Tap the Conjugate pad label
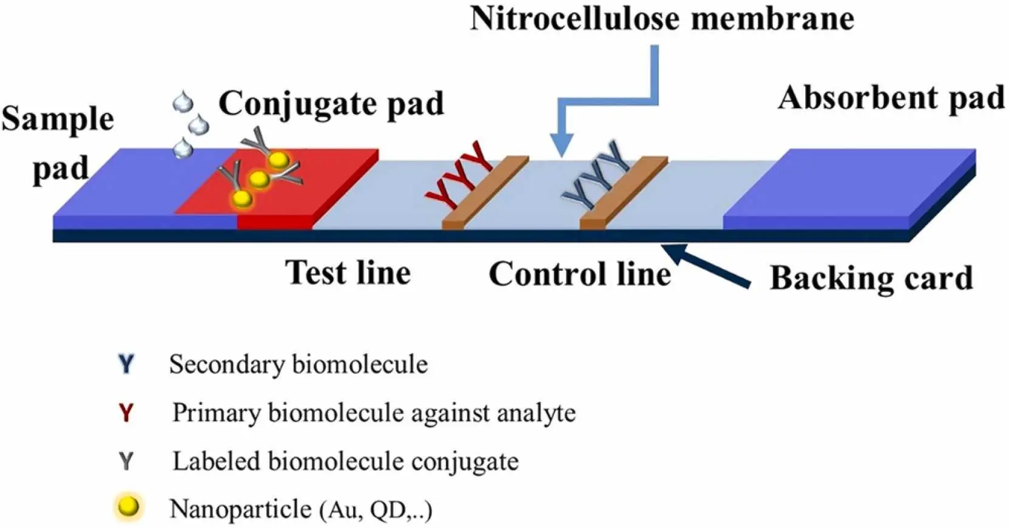point(331,104)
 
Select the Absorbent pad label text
point(891,97)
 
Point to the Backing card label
point(871,279)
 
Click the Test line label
point(348,272)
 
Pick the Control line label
point(579,274)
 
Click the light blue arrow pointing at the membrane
point(607,103)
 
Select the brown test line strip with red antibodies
point(484,192)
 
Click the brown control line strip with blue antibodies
point(623,192)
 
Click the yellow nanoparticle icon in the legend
point(129,507)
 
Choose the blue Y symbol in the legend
point(126,364)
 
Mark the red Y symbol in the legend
point(126,413)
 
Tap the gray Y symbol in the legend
point(126,461)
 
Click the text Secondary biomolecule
point(298,364)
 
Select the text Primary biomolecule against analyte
point(374,413)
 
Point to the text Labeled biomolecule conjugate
point(345,461)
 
